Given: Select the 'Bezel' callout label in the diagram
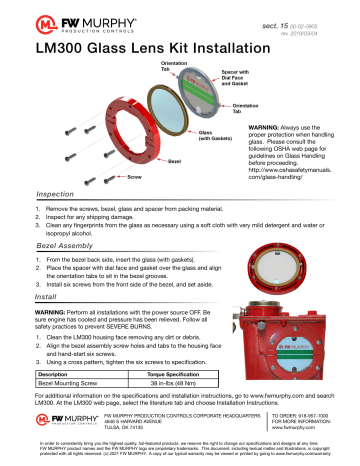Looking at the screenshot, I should pos(118,160).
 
